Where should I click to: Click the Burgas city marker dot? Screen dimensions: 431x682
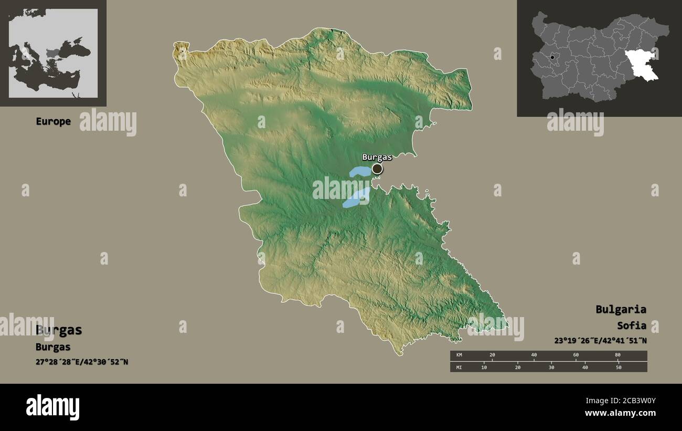point(377,169)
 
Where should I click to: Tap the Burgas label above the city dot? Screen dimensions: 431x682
point(377,157)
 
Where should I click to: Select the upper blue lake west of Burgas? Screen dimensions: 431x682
point(359,172)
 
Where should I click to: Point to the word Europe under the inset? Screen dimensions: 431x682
point(53,121)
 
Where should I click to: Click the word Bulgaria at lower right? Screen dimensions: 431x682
point(621,309)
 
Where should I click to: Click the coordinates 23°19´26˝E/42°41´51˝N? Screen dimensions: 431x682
point(600,340)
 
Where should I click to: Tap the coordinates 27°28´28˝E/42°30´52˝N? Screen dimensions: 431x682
point(82,362)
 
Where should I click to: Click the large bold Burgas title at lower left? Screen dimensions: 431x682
point(59,330)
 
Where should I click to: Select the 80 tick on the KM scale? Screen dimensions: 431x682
point(617,355)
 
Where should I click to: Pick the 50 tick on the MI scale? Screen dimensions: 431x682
point(619,367)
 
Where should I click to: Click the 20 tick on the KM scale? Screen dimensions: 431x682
point(492,355)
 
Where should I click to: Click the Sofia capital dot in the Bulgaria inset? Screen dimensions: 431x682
point(552,57)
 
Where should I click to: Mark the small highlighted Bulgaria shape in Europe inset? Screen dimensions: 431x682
point(54,52)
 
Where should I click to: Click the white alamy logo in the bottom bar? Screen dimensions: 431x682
point(52,407)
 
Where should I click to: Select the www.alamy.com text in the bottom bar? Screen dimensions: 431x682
point(620,413)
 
